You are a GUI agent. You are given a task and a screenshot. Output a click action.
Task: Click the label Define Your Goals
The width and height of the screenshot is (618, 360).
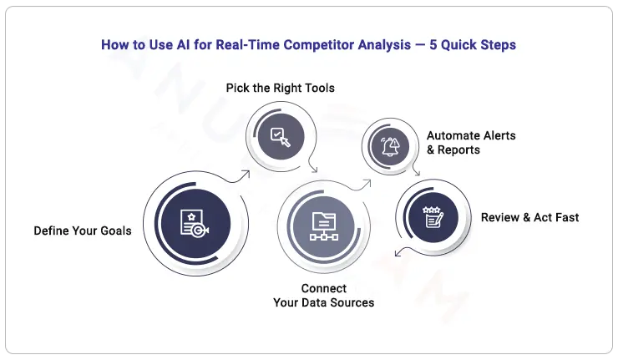tap(83, 231)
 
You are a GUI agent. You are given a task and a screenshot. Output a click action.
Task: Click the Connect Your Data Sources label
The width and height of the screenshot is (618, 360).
tap(323, 296)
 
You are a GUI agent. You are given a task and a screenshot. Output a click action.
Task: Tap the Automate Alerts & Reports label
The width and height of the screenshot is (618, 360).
tap(471, 142)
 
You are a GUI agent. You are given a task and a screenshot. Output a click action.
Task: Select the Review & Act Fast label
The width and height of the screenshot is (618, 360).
tap(529, 217)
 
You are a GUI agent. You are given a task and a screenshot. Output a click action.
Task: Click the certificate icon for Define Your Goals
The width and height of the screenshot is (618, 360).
tap(194, 222)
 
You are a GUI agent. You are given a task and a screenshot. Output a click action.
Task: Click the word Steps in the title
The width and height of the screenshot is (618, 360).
tap(497, 45)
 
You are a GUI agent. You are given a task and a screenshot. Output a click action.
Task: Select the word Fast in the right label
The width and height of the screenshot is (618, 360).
tap(565, 217)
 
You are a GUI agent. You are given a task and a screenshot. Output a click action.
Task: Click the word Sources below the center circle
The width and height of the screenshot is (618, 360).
tap(351, 302)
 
